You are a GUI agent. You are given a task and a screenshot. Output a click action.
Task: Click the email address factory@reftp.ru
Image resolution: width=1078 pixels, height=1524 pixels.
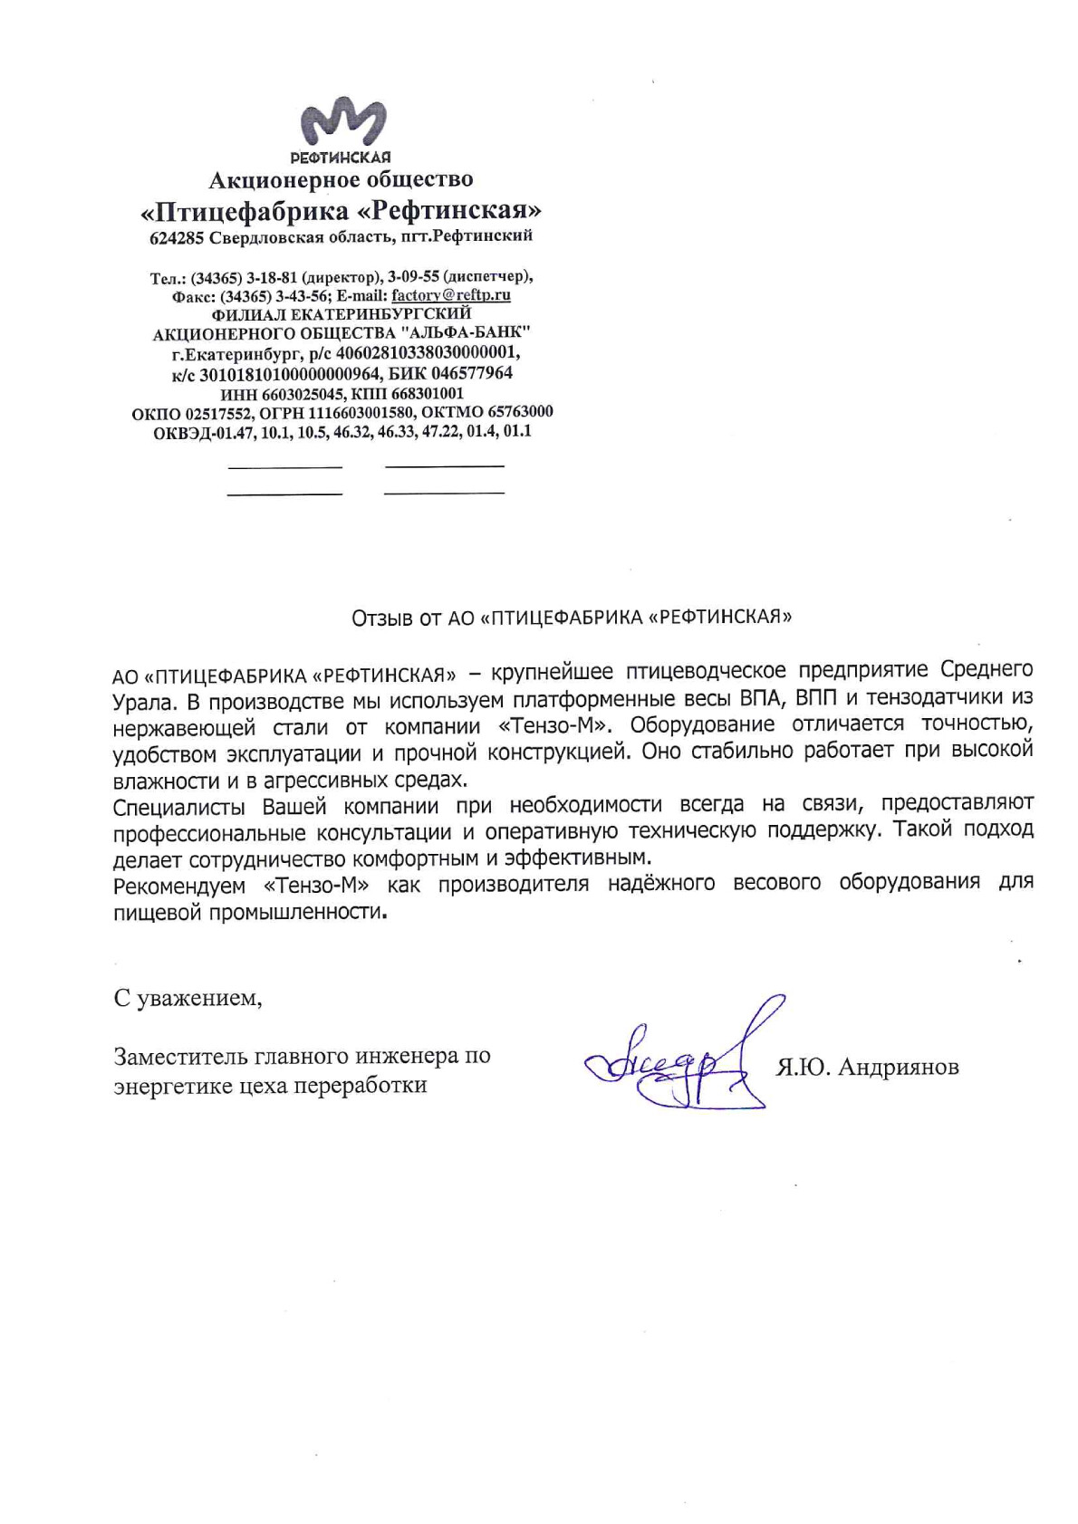(x=450, y=295)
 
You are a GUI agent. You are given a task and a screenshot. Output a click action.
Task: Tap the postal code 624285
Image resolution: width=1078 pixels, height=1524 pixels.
(x=177, y=238)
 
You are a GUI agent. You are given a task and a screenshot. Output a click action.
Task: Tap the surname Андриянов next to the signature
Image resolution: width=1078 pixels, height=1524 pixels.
(x=898, y=1068)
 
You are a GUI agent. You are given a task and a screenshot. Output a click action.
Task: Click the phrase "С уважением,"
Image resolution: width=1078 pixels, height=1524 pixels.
(x=188, y=998)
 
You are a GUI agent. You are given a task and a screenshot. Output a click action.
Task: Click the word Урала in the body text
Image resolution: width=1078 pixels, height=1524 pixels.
(x=140, y=703)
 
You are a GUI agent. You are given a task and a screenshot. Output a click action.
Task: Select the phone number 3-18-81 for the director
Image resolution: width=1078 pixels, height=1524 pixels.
(x=272, y=277)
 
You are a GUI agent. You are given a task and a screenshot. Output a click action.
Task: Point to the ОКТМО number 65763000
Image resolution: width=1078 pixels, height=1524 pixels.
(x=520, y=412)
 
